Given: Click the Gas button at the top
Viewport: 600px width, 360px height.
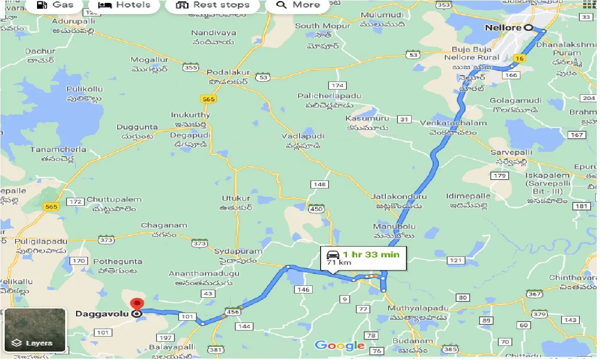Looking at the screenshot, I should (x=55, y=5).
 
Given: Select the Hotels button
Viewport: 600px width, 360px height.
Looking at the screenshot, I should (x=124, y=5).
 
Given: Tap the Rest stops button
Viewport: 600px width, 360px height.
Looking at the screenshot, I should (x=212, y=5).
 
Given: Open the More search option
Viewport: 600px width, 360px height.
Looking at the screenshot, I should (x=298, y=5).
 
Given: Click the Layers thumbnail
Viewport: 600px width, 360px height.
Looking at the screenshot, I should (x=35, y=330).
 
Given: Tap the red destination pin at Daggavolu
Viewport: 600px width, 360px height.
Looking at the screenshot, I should (x=137, y=304).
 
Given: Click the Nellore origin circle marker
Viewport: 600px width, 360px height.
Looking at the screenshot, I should (x=528, y=28).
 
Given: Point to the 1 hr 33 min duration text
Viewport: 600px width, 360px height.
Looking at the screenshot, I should (x=371, y=255).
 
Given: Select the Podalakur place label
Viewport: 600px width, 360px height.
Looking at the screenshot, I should (x=228, y=73).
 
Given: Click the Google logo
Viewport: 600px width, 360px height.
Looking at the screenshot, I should (x=340, y=346).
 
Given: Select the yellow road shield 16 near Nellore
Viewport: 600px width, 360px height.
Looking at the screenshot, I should (x=518, y=58).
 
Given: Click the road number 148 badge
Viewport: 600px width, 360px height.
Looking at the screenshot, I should (x=319, y=184).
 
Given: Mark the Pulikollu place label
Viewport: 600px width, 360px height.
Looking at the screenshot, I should (x=84, y=89).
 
